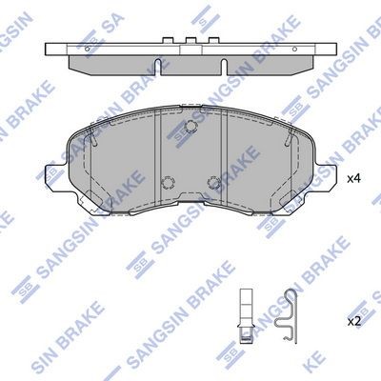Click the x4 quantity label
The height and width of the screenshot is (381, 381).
click(x=354, y=179)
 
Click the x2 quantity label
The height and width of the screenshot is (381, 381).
click(x=354, y=322)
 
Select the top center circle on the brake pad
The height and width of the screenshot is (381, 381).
click(x=190, y=126)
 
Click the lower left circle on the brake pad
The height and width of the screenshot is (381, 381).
click(x=168, y=183)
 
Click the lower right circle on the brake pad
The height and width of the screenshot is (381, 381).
click(x=213, y=183)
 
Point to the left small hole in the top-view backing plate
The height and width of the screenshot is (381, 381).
click(x=88, y=49)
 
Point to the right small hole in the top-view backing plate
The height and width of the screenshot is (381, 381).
click(x=294, y=49)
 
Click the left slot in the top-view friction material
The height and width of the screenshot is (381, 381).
click(x=157, y=67)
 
